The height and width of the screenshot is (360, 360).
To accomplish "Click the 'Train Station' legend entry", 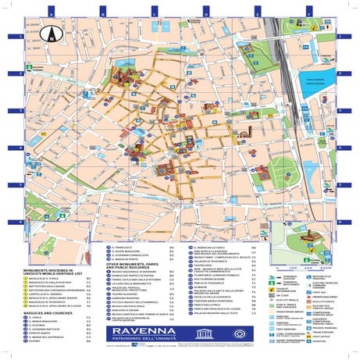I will pos(322,330).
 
